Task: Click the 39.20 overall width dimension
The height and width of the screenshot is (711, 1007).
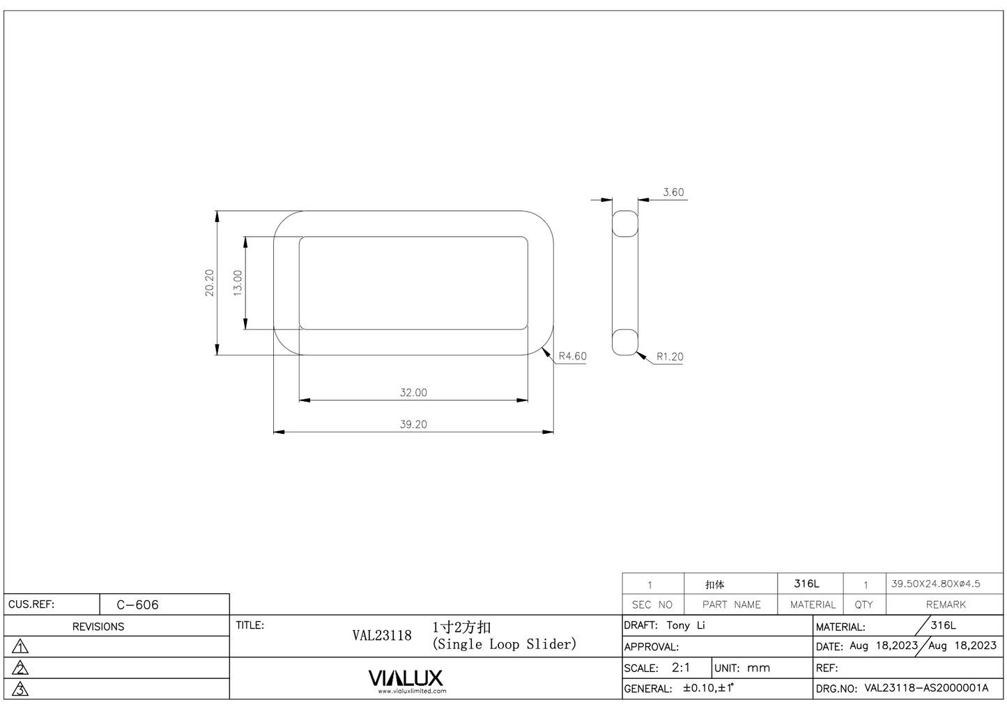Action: [x=413, y=424]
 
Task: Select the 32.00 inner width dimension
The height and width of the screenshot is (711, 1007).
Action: [x=413, y=393]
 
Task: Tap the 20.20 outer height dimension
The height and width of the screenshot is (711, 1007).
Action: [x=210, y=283]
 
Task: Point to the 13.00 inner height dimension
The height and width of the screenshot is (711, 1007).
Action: [x=238, y=283]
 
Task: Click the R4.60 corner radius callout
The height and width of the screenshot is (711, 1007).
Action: [x=572, y=356]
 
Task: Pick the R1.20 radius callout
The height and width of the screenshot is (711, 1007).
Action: [x=670, y=357]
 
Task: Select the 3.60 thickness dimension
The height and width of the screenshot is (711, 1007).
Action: [x=673, y=192]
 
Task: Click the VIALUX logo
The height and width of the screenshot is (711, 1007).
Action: [x=406, y=679]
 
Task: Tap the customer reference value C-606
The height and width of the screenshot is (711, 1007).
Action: [x=138, y=604]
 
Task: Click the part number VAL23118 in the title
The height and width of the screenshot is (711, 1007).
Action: [x=382, y=635]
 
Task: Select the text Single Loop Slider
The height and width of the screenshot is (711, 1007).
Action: [x=505, y=644]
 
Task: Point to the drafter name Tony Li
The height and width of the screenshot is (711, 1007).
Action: [x=686, y=625]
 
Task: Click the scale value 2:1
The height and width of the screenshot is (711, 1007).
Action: [x=681, y=667]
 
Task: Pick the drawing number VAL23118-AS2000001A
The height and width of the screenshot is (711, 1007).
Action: [x=926, y=688]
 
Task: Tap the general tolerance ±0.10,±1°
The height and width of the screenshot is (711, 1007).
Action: [x=708, y=688]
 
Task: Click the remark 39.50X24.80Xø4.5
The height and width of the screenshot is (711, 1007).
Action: [x=936, y=584]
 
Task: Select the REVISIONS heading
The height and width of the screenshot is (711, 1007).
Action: [x=98, y=627]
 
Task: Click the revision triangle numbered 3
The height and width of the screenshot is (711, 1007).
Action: [x=21, y=689]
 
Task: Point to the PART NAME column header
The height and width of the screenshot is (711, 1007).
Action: [x=731, y=604]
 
